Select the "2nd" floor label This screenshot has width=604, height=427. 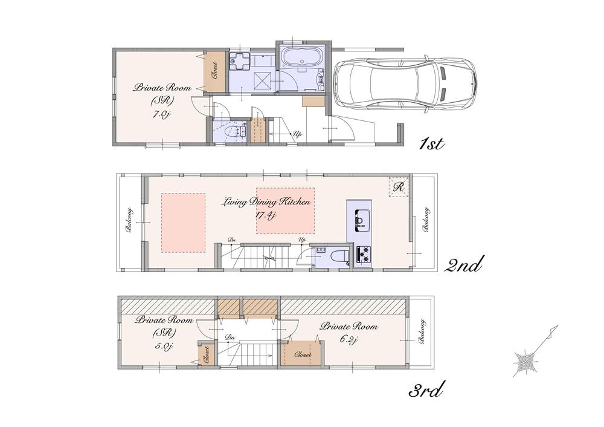point(464,264)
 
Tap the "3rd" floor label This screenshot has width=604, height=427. point(426,391)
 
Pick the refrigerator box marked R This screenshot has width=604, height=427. point(399,187)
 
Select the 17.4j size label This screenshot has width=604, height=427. point(266,215)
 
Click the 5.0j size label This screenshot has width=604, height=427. point(164,346)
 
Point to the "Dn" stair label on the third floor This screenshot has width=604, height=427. point(230,337)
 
